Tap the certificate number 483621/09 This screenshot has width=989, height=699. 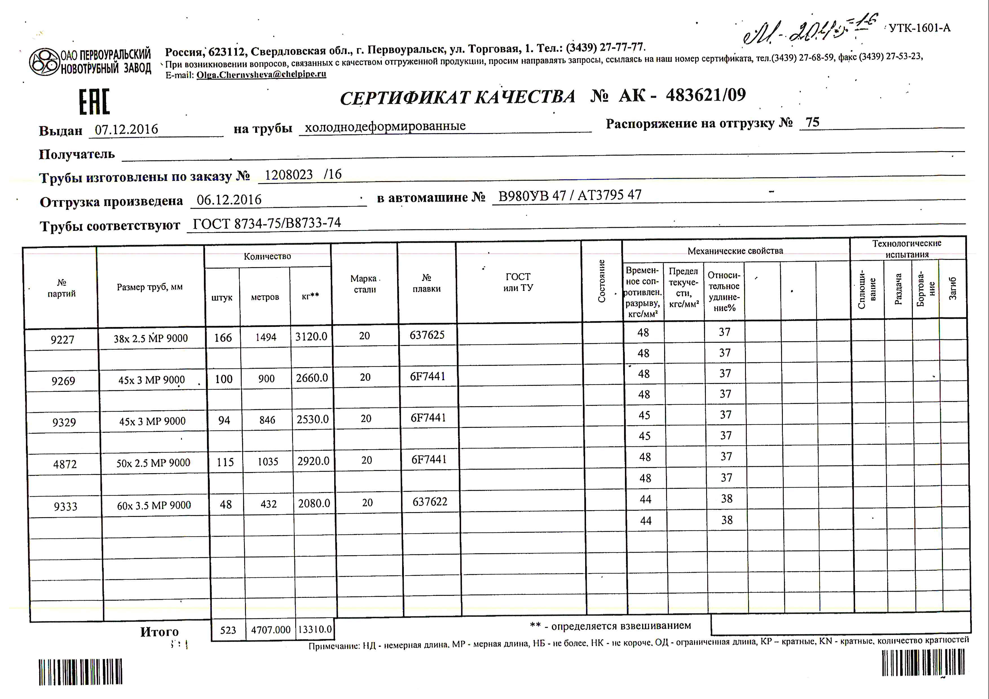(706, 95)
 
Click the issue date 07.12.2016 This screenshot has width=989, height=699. (126, 129)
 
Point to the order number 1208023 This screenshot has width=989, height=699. (288, 175)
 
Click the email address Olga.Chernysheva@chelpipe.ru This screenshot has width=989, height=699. (261, 74)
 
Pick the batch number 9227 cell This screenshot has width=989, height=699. (62, 340)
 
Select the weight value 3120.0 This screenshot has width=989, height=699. (311, 337)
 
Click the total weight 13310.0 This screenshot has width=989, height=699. (315, 630)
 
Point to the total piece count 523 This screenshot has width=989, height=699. (228, 631)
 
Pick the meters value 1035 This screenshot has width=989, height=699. (268, 461)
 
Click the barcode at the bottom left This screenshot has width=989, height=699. (81, 672)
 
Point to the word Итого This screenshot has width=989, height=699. (159, 632)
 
